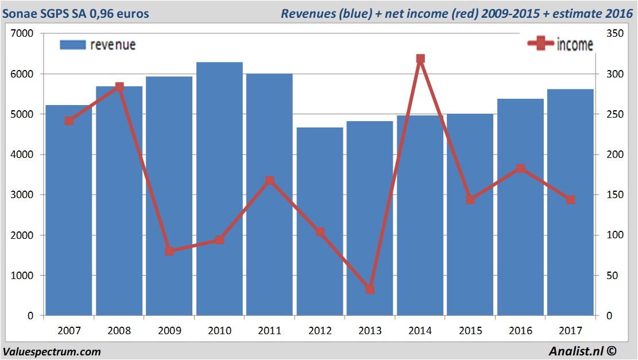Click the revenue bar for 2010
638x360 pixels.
[219, 189]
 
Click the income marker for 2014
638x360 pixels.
[420, 59]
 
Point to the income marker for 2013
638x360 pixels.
[370, 289]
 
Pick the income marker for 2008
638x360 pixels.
[119, 87]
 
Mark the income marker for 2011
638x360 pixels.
[270, 181]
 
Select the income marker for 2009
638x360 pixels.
[169, 251]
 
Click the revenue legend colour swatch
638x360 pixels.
[72, 45]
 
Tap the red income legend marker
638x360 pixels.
[540, 44]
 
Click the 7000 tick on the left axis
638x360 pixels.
[23, 34]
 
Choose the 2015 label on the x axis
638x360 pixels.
[470, 331]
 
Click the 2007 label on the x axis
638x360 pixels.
[69, 331]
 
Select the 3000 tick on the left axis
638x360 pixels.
[23, 195]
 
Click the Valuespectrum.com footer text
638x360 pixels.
[52, 351]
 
